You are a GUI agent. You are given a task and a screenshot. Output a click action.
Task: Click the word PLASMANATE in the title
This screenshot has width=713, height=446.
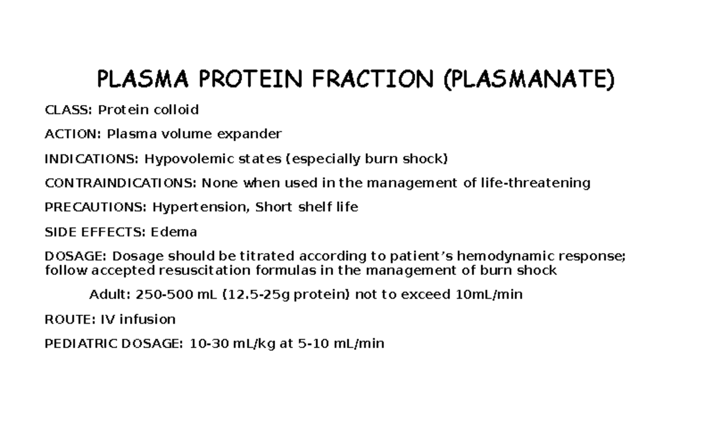(x=529, y=80)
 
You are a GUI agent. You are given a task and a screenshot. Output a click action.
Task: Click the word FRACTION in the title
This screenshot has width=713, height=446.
(x=373, y=79)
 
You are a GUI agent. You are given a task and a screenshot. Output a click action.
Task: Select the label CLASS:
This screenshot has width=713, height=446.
(x=68, y=110)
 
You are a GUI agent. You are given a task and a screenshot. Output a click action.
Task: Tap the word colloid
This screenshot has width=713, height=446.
(x=176, y=110)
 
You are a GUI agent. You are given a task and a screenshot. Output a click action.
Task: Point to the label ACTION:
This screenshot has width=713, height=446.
(x=73, y=134)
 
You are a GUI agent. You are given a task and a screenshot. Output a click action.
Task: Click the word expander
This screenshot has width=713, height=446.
(x=250, y=135)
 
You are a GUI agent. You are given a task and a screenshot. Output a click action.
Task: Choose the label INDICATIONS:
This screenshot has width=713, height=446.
(x=92, y=159)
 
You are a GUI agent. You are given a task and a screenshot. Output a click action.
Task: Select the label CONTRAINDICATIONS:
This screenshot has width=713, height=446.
(x=121, y=183)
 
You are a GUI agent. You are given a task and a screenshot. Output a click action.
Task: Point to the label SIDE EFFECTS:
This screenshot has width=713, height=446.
(x=95, y=232)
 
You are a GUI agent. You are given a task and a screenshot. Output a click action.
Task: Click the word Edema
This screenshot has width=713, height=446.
(x=173, y=232)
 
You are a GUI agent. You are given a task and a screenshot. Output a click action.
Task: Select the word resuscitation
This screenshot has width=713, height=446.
(x=204, y=271)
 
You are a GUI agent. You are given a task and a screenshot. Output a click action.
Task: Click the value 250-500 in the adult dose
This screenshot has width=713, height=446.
(x=164, y=295)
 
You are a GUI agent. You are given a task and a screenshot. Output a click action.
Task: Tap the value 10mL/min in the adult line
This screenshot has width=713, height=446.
(x=489, y=295)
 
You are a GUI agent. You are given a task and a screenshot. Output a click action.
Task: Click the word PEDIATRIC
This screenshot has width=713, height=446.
(x=81, y=344)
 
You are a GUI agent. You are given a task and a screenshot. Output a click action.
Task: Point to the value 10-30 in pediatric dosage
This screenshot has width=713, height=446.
(x=209, y=344)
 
